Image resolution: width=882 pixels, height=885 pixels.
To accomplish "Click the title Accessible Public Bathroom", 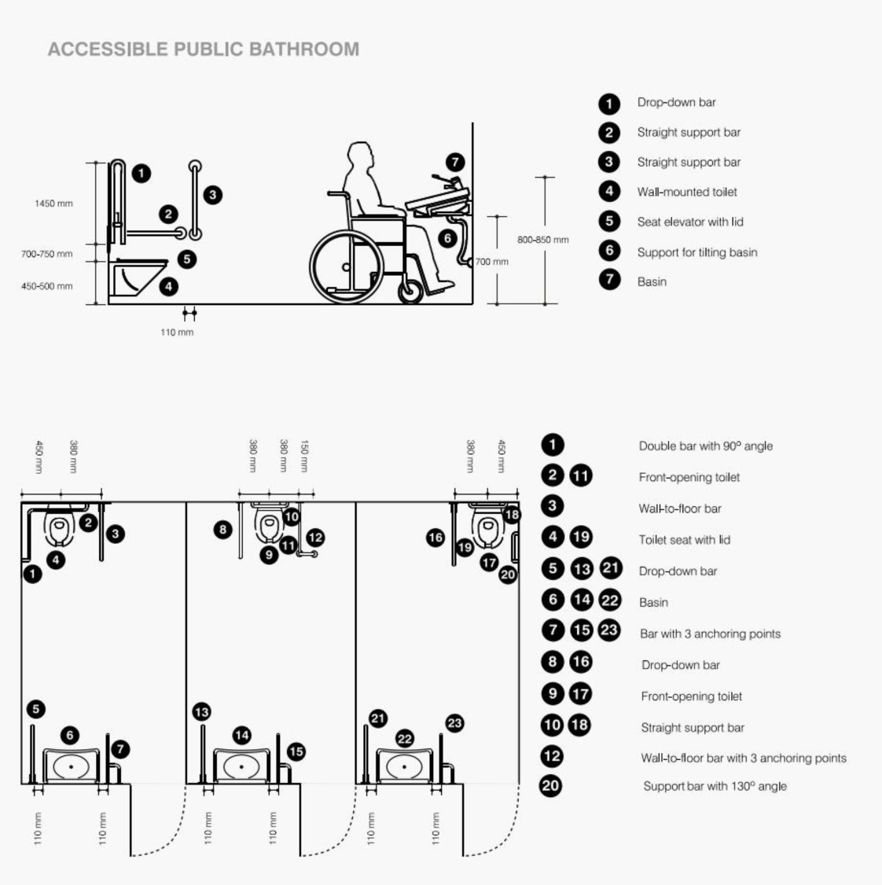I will point(204,50).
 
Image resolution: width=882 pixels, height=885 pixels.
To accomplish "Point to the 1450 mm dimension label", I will point(53,204).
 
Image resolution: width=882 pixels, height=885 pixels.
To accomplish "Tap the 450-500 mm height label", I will point(47,286).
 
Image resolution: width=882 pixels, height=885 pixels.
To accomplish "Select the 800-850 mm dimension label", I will point(542,240).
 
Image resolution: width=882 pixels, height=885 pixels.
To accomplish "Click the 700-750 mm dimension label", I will point(47,254).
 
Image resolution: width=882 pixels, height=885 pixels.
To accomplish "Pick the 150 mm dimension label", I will point(304,456).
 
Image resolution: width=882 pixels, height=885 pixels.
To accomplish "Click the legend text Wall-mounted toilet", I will point(687,192).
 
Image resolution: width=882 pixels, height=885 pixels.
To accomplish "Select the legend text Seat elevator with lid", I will point(690,222).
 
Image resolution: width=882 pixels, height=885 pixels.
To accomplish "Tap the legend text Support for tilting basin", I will point(697,252).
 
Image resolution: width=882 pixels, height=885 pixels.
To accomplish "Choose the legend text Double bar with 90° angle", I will point(705,446).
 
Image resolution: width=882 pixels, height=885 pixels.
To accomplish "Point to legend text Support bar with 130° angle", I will point(715,786).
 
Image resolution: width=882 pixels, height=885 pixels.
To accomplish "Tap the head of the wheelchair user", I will point(362,157).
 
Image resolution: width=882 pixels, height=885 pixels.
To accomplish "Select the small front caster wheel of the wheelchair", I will point(410,292).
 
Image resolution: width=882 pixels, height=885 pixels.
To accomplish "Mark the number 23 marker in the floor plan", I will point(454,722).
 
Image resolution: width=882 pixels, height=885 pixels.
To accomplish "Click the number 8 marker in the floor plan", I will point(223,530).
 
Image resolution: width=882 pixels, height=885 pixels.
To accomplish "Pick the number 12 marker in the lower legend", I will point(552,756).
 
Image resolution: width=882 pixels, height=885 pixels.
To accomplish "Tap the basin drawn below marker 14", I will point(241,766).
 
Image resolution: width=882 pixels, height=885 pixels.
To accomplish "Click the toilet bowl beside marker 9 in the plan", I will point(269,527).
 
